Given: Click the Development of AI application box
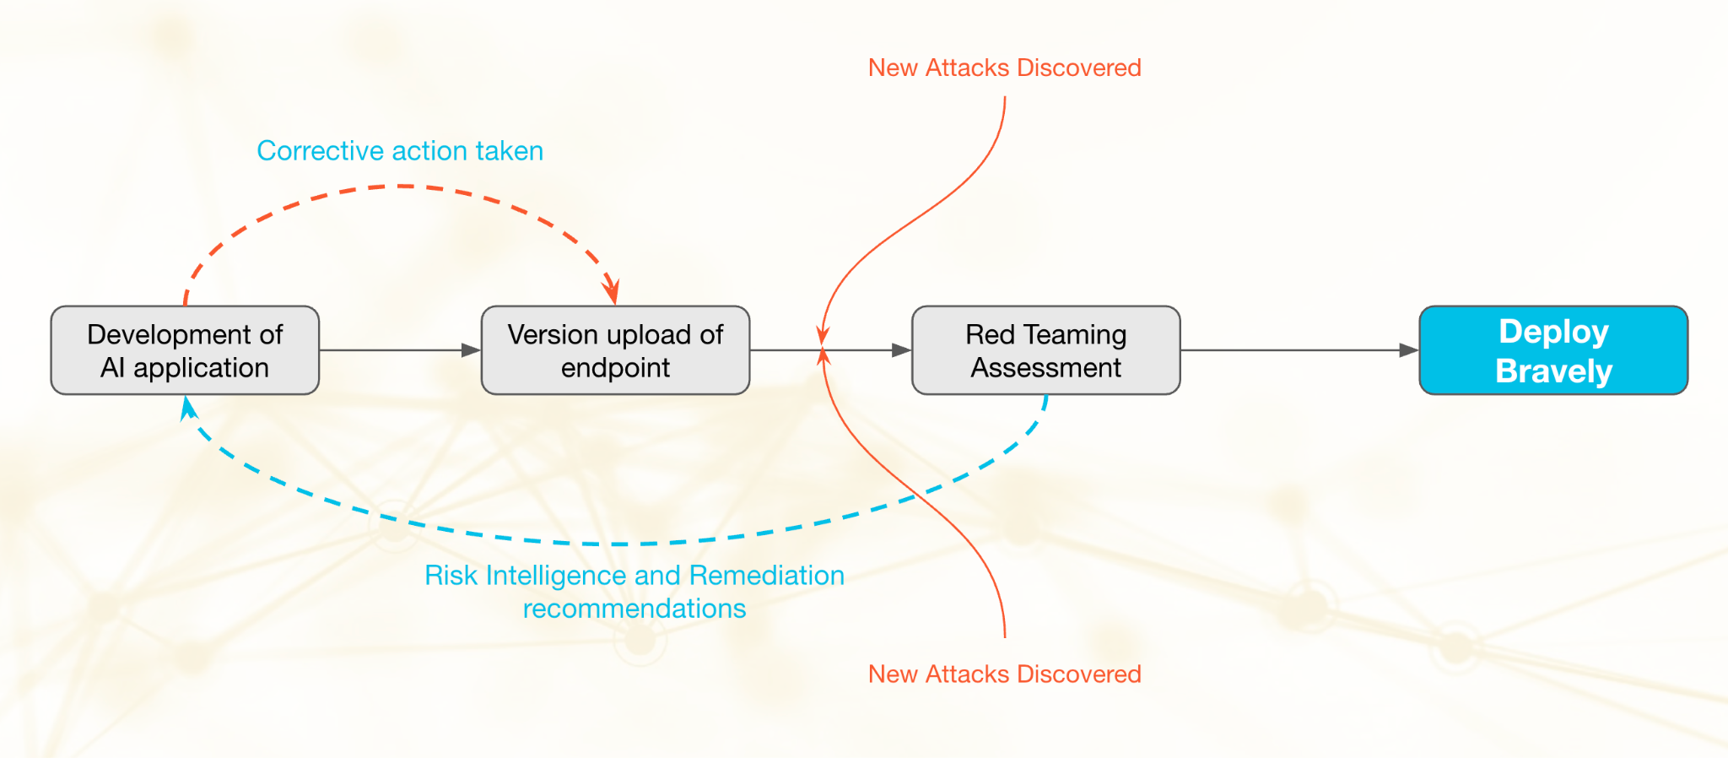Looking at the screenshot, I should point(185,350).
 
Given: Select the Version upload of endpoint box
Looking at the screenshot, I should point(615,350).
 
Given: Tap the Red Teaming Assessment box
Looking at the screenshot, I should point(1045,350).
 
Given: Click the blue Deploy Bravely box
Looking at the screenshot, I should point(1553,350).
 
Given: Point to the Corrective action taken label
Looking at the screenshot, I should point(400,151).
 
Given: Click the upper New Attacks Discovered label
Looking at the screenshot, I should point(1004,68).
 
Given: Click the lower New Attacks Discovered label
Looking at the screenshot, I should point(1004,674).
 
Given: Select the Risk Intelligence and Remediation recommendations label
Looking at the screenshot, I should point(634,592).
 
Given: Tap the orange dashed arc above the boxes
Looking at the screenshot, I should point(402,187).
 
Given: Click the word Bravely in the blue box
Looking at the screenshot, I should point(1553,371).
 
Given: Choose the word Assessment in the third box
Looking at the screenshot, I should point(1045,368).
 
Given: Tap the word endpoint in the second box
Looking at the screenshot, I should point(615,368).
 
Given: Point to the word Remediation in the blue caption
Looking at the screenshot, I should point(766,576).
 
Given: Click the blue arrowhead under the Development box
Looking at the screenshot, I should point(187,409).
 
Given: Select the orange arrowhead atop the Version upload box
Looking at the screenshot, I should point(612,292).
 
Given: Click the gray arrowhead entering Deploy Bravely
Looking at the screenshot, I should point(1408,350).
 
